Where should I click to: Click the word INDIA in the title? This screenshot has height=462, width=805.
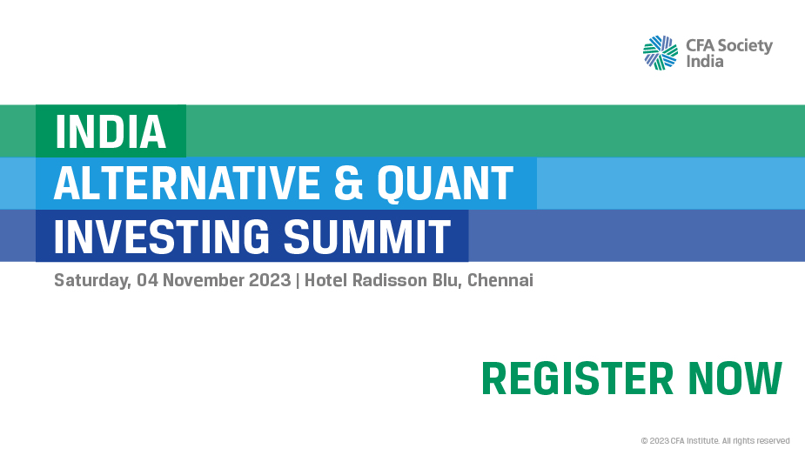[111, 131]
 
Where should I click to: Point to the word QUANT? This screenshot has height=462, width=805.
[445, 184]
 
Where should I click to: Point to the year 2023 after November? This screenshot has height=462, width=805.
[269, 281]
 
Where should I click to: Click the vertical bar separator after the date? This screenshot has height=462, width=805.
[297, 281]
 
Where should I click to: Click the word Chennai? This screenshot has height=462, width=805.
[500, 281]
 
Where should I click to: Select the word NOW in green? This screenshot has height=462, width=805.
[735, 379]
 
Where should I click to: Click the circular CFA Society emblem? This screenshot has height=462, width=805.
[661, 52]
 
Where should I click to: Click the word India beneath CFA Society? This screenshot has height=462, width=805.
[705, 62]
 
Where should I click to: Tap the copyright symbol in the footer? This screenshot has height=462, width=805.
[644, 441]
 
